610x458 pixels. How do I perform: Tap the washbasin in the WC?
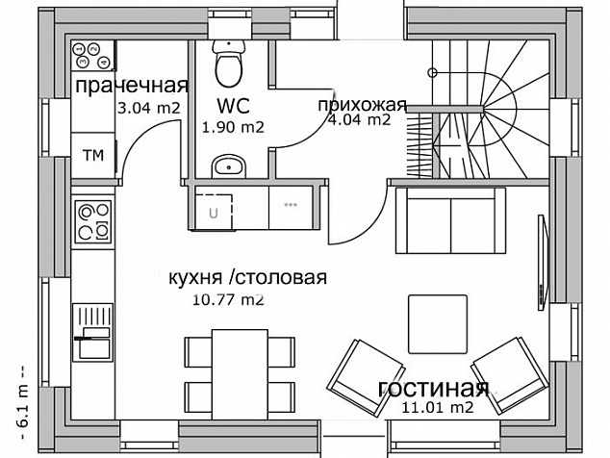pyautogui.click(x=229, y=166)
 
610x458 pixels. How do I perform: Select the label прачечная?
pyautogui.click(x=132, y=86)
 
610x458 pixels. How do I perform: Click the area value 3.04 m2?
pyautogui.click(x=149, y=108)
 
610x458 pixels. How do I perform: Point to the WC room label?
pyautogui.click(x=233, y=105)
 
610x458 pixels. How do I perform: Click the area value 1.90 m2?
pyautogui.click(x=233, y=127)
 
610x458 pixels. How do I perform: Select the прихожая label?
pyautogui.click(x=362, y=105)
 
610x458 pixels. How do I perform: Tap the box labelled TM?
pyautogui.click(x=93, y=156)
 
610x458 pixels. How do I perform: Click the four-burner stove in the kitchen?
pyautogui.click(x=93, y=222)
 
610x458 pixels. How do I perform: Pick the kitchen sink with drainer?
pyautogui.click(x=93, y=333)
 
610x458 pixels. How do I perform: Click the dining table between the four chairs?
pyautogui.click(x=240, y=374)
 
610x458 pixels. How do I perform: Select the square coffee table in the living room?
pyautogui.click(x=438, y=324)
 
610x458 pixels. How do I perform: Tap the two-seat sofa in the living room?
pyautogui.click(x=451, y=220)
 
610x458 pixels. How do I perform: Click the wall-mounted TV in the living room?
pyautogui.click(x=543, y=263)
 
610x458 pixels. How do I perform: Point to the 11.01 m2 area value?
pyautogui.click(x=438, y=407)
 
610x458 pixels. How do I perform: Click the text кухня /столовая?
pyautogui.click(x=248, y=278)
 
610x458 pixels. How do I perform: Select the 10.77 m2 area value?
pyautogui.click(x=228, y=299)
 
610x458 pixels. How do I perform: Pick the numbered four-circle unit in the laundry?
pyautogui.click(x=92, y=55)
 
